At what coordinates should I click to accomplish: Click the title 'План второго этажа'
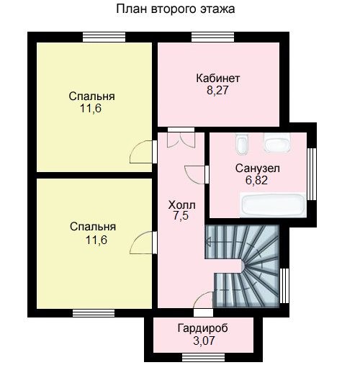176,9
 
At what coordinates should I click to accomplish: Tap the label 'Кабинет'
218,78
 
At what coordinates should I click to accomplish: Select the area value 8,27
217,91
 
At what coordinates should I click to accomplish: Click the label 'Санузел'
257,168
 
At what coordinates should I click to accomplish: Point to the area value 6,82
256,180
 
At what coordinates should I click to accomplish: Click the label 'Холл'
182,205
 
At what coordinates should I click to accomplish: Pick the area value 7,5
181,216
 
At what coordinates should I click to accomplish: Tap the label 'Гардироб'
203,328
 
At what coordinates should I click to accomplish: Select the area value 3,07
204,341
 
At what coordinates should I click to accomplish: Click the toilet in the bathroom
241,143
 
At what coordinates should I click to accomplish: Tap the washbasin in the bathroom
277,143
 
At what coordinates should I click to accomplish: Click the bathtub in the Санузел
274,205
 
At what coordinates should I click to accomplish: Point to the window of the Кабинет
212,37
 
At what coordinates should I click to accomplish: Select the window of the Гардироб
203,357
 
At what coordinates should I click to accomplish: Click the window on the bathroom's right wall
312,174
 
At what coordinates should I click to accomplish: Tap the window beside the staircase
284,286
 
